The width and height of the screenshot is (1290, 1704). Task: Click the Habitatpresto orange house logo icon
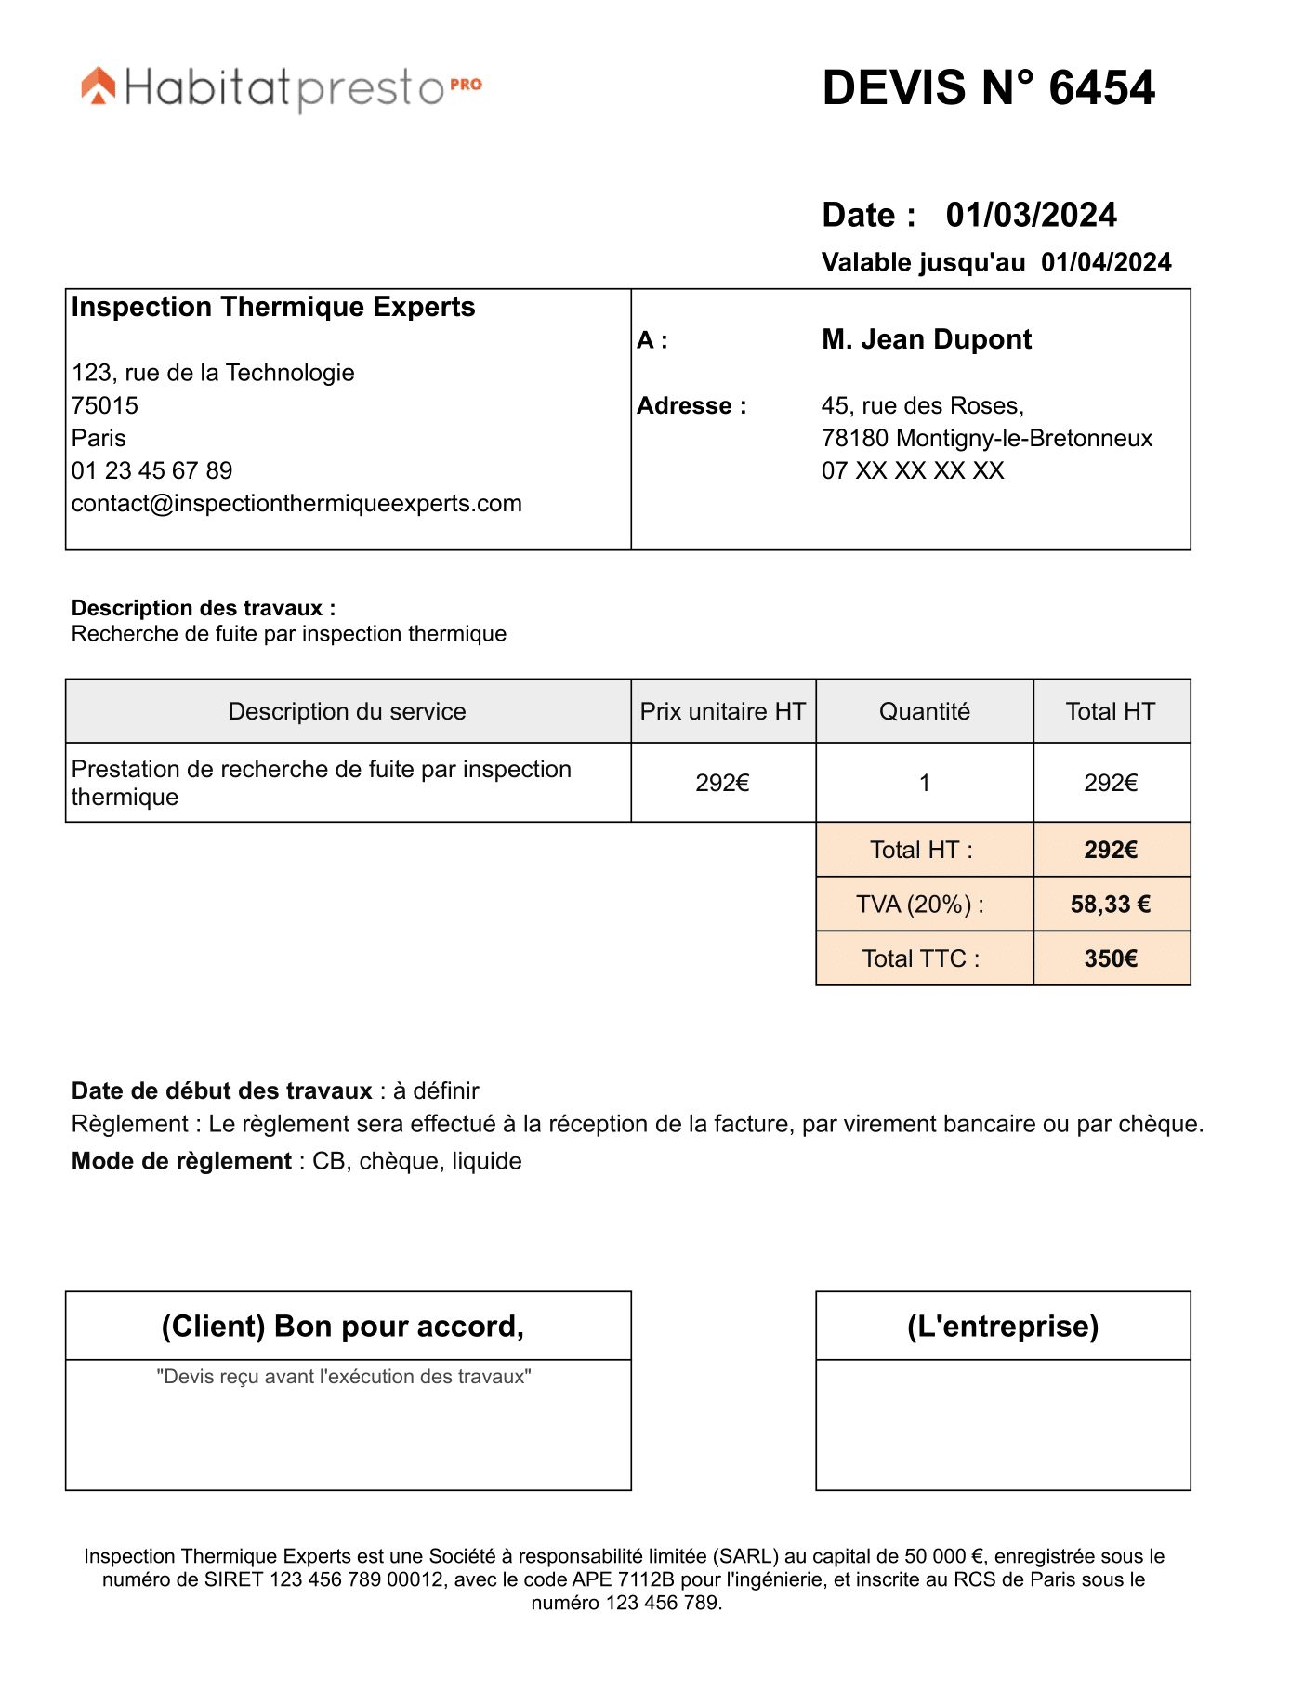click(x=99, y=86)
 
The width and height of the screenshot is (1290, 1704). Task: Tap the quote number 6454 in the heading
click(x=1101, y=88)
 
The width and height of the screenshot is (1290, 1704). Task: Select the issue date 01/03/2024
click(x=1031, y=215)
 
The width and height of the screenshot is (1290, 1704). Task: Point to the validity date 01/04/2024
click(x=1106, y=262)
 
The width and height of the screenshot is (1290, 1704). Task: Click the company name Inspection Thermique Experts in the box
click(x=273, y=307)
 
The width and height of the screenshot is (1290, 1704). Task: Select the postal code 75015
click(x=105, y=405)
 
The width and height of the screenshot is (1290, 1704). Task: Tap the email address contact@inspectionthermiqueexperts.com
click(x=296, y=503)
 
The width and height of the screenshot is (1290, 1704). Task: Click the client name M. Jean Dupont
click(x=927, y=339)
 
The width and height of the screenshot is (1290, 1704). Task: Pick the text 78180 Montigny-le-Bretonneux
click(x=986, y=438)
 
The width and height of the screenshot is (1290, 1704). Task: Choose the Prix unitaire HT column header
click(x=722, y=711)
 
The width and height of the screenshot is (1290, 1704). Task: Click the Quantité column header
click(x=924, y=711)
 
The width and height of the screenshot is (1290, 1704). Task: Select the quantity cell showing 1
click(x=924, y=783)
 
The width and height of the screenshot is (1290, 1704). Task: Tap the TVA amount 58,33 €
click(x=1111, y=905)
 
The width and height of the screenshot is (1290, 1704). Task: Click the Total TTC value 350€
click(x=1111, y=958)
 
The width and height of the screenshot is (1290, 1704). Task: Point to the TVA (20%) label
click(x=919, y=905)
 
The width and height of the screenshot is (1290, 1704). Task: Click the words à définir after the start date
click(x=436, y=1090)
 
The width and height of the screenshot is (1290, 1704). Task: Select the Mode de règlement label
click(x=181, y=1161)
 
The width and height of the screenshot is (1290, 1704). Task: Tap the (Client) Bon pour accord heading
click(x=343, y=1326)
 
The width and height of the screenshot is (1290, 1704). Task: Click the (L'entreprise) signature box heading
click(x=1003, y=1326)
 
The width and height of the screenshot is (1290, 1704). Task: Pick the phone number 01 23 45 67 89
click(x=152, y=470)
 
